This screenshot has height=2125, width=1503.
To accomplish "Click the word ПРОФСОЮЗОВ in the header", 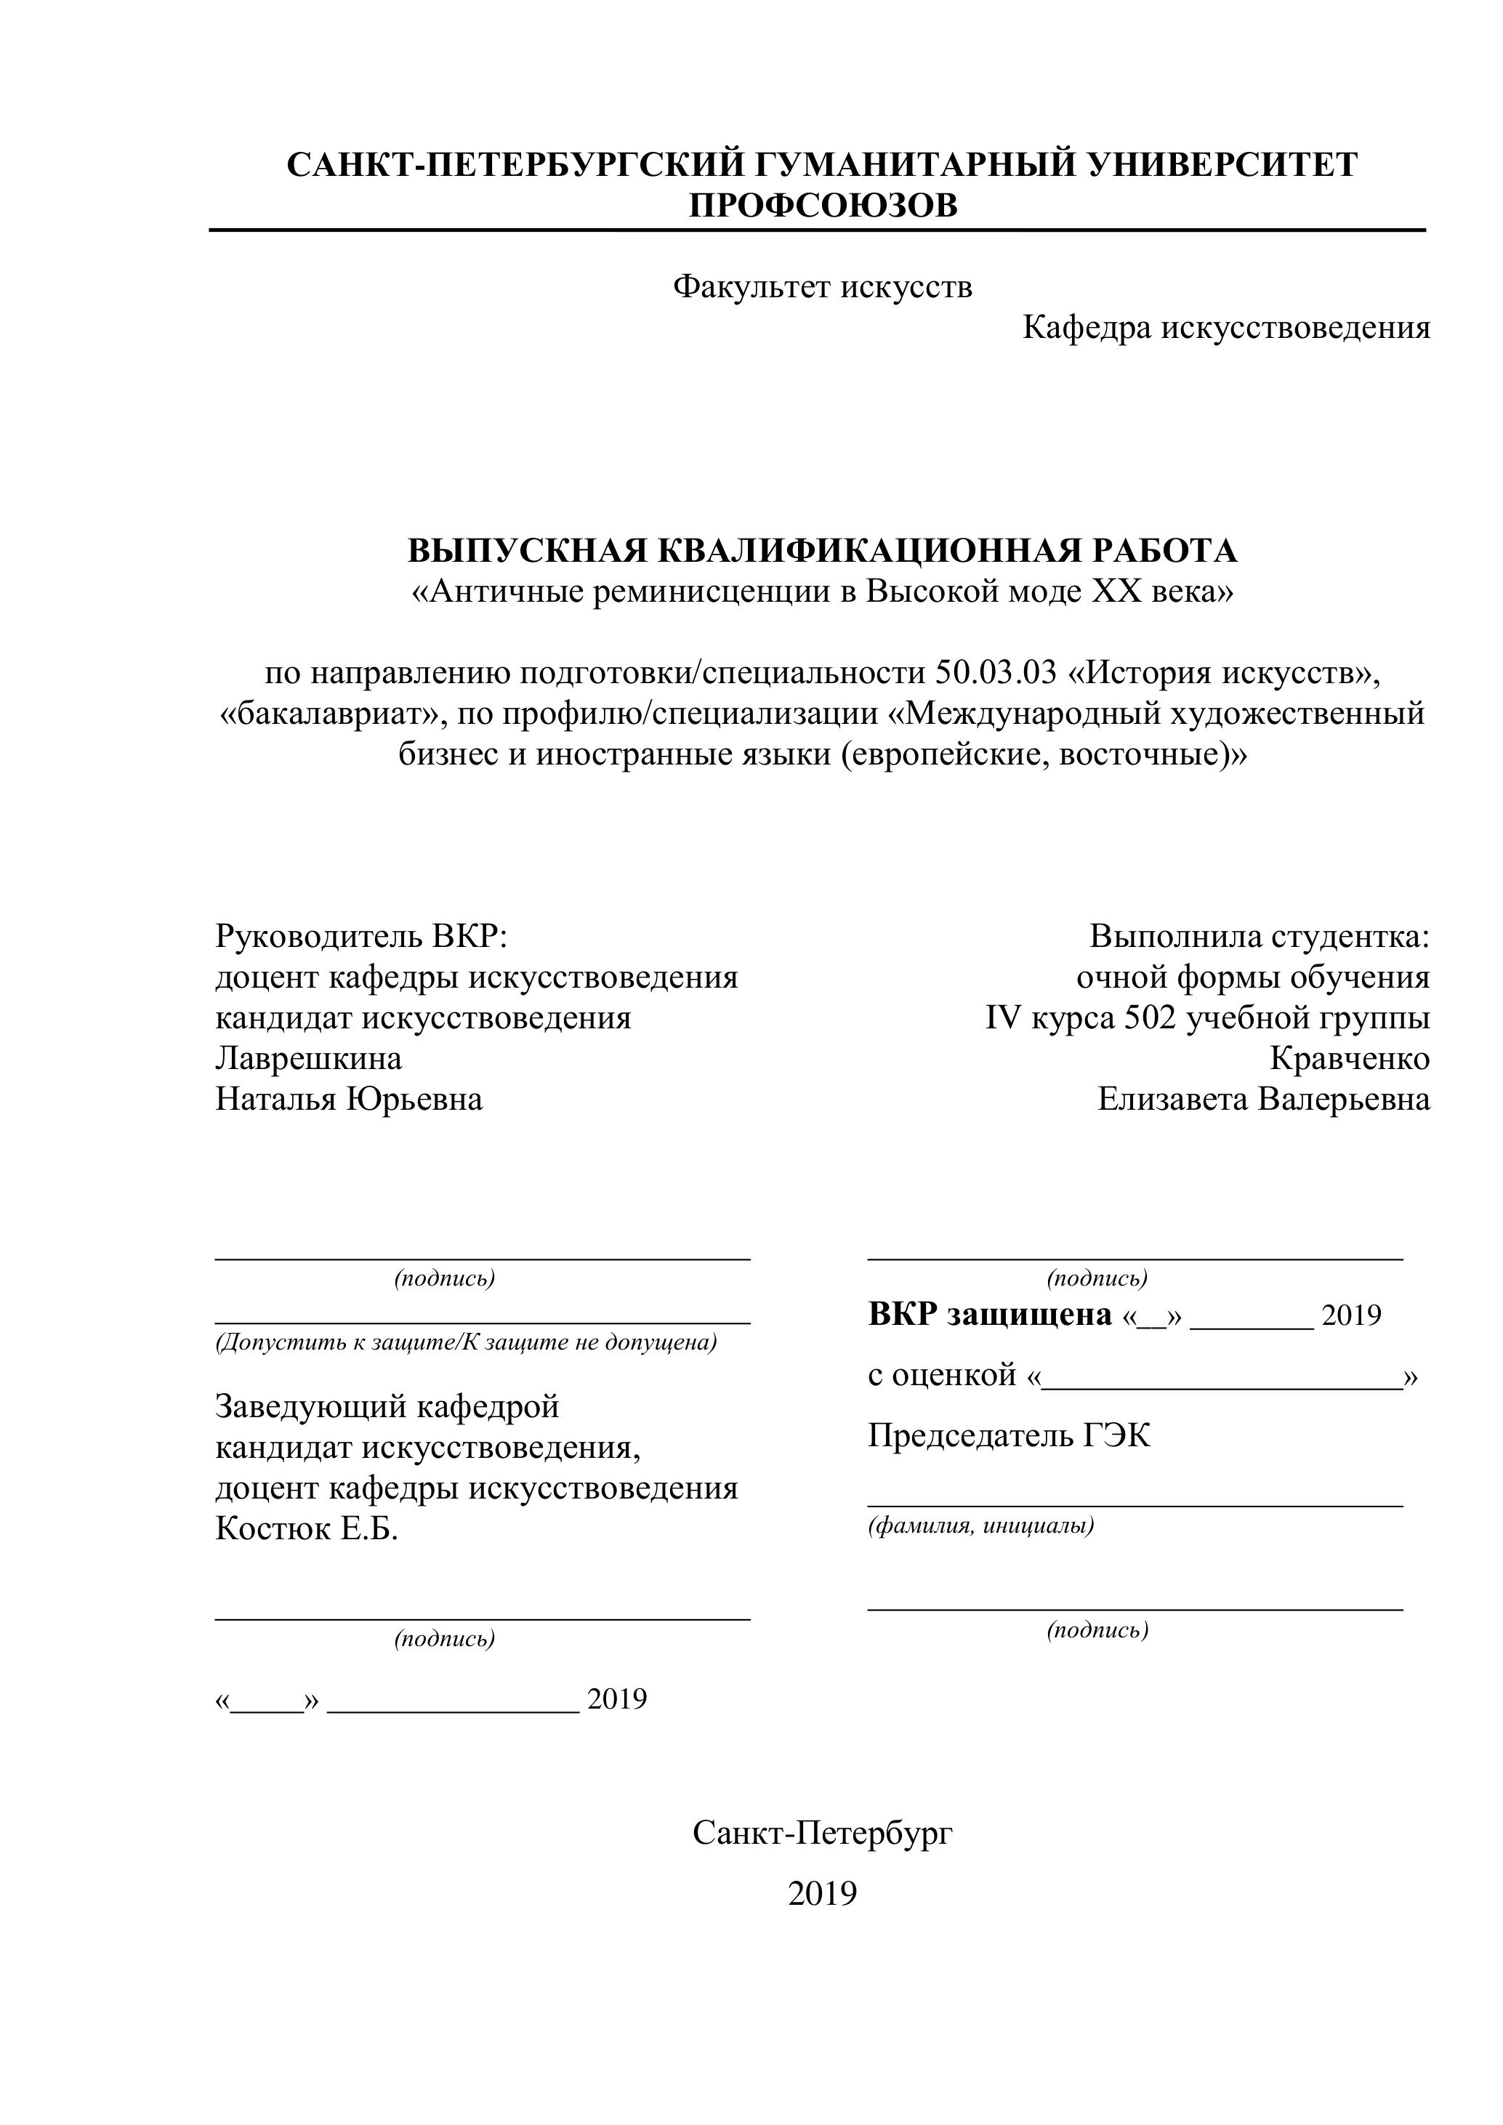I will pyautogui.click(x=823, y=206).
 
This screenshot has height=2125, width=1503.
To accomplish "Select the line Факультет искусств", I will pyautogui.click(x=823, y=287).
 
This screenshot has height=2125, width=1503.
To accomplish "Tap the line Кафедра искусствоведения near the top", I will pyautogui.click(x=1226, y=328).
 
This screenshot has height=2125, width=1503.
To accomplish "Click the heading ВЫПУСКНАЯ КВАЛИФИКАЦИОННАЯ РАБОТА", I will pyautogui.click(x=823, y=551).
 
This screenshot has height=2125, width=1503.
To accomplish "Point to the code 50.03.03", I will pyautogui.click(x=996, y=673).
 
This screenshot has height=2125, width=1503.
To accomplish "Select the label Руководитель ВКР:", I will pyautogui.click(x=362, y=937).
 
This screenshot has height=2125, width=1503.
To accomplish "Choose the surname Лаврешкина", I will pyautogui.click(x=308, y=1058).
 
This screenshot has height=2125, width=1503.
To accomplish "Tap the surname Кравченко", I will pyautogui.click(x=1350, y=1058).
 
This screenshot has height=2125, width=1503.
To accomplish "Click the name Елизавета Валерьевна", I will pyautogui.click(x=1263, y=1100).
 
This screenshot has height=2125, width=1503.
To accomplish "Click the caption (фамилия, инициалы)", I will pyautogui.click(x=981, y=1526).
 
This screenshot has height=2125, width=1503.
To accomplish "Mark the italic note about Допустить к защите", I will pyautogui.click(x=467, y=1343).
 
